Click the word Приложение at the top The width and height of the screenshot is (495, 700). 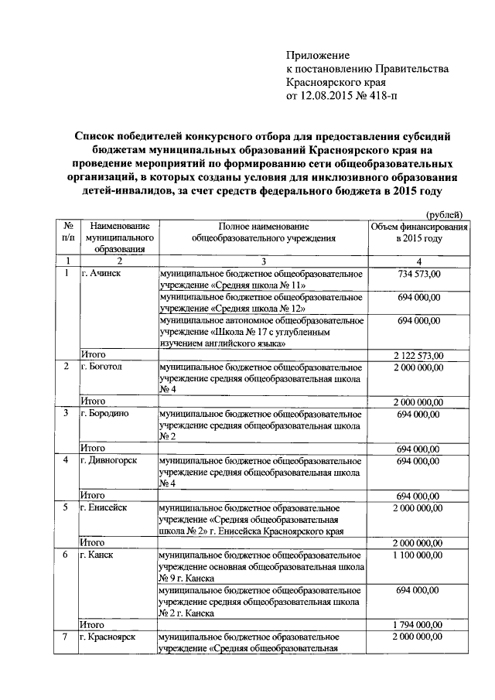click(318, 56)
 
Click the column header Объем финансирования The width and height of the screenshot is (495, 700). click(418, 225)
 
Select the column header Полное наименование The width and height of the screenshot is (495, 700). click(264, 225)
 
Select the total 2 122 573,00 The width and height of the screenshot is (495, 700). click(418, 355)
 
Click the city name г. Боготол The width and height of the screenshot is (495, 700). click(102, 367)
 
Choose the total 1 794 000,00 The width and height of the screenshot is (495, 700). click(418, 624)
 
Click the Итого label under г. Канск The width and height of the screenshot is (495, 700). click(94, 624)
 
